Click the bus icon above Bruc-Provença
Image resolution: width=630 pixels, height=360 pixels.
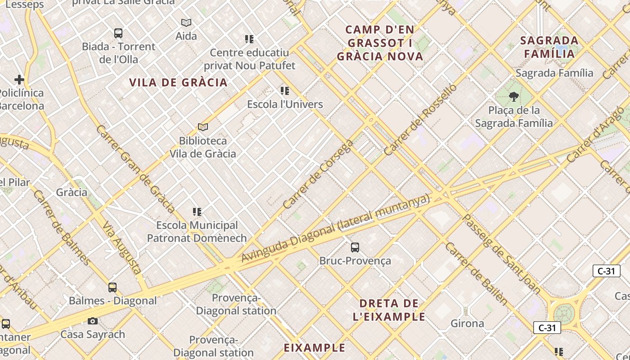tap(355, 247)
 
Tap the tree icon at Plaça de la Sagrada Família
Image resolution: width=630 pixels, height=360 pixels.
tap(513, 97)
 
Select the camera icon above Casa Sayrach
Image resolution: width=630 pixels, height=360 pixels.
tap(93, 321)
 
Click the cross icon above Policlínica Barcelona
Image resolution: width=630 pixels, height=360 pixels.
tap(19, 80)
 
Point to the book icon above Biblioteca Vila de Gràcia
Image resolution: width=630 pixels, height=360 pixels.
tap(203, 127)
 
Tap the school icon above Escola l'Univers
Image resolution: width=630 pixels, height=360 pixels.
tap(285, 91)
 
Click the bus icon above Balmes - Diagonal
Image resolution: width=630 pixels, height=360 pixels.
tap(112, 287)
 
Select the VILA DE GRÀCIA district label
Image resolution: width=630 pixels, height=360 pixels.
tap(178, 82)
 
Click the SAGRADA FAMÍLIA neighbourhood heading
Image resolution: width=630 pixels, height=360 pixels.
tap(549, 47)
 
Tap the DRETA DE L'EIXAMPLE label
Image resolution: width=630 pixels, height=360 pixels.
tap(389, 310)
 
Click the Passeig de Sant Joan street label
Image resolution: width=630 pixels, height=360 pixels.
tap(502, 254)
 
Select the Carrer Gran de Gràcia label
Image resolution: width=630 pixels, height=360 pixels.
tap(135, 169)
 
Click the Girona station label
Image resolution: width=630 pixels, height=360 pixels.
tap(468, 323)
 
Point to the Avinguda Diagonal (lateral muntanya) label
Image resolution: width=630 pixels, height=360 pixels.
tap(335, 229)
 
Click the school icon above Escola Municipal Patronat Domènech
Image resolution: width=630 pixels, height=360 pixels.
tap(197, 211)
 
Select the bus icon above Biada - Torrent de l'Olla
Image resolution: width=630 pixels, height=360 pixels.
tap(118, 33)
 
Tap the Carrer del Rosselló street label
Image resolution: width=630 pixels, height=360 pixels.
tap(420, 120)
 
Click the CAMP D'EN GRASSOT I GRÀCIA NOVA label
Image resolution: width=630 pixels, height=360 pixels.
tap(380, 43)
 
